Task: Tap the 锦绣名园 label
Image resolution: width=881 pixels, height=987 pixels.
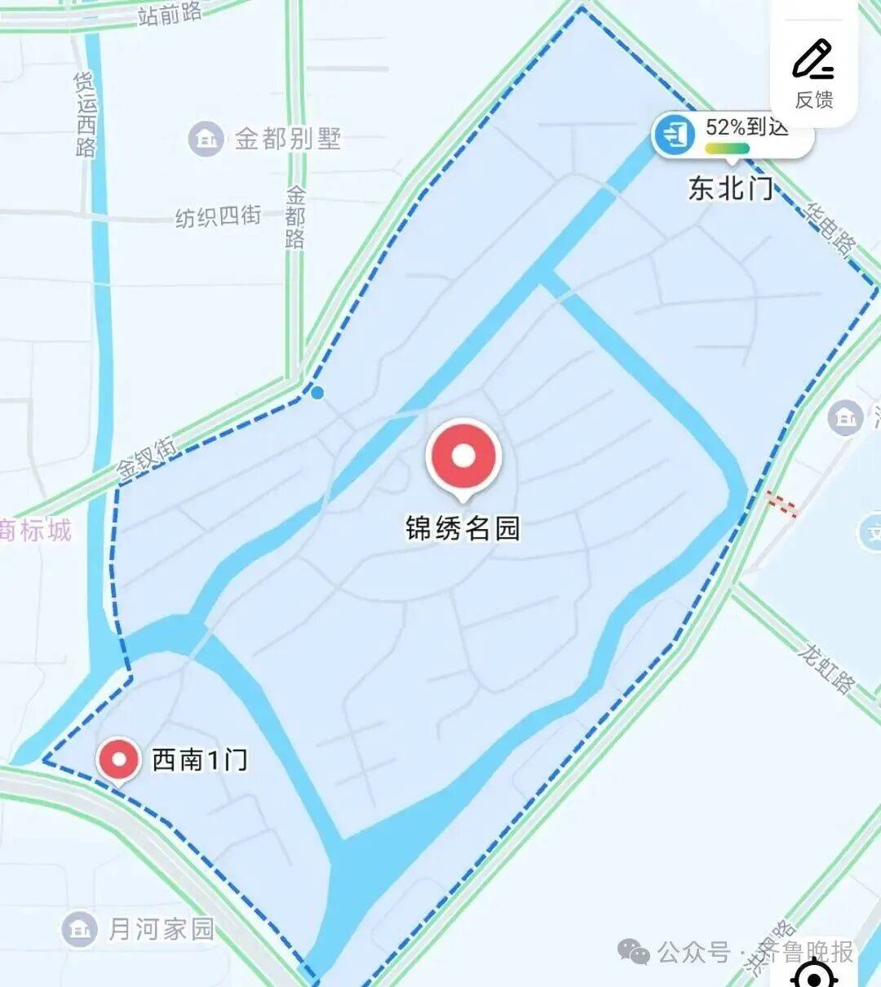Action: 463,528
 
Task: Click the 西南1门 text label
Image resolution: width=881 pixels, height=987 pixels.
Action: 200,760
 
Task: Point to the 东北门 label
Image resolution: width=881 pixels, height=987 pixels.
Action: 730,189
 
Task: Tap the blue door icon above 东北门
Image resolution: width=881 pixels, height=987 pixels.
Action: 675,134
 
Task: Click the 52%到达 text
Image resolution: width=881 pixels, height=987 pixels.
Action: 746,127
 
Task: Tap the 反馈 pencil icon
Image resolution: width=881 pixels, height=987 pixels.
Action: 813,60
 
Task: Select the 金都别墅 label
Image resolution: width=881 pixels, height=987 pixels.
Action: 288,139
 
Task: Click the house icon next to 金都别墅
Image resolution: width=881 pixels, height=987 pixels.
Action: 206,139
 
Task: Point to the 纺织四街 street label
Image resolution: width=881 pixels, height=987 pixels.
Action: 218,216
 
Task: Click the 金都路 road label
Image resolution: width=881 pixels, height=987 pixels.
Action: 295,216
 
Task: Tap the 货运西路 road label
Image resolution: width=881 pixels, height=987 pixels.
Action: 86,113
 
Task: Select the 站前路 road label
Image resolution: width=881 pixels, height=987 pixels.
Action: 170,13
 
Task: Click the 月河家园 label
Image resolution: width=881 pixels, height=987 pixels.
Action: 162,928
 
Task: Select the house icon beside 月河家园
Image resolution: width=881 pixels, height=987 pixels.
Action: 79,928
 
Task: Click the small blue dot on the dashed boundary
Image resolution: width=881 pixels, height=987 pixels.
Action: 317,393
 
